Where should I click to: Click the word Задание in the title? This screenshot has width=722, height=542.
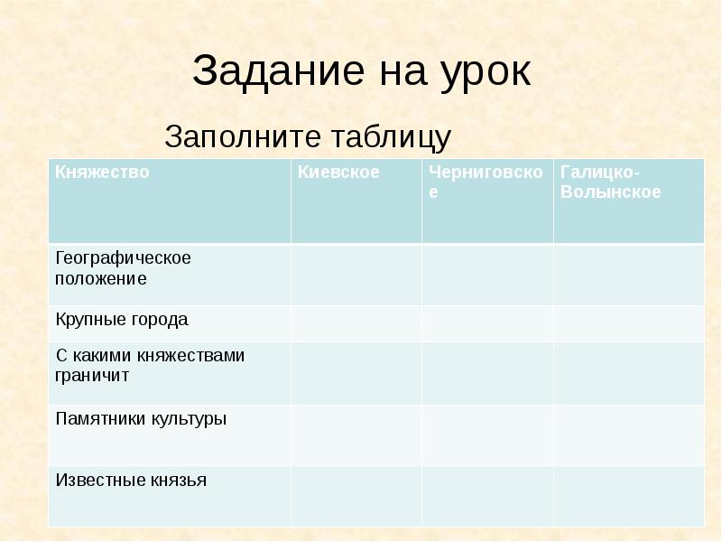click(x=270, y=72)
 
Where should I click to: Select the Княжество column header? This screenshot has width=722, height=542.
click(x=101, y=172)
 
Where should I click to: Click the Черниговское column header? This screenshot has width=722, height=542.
click(x=486, y=182)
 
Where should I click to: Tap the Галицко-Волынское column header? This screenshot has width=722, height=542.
click(x=610, y=182)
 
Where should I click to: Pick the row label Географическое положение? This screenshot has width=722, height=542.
click(x=123, y=268)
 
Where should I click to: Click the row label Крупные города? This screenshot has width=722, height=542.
click(x=122, y=320)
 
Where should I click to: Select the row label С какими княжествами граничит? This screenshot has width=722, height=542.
click(x=150, y=366)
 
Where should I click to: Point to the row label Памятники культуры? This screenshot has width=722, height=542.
click(x=141, y=419)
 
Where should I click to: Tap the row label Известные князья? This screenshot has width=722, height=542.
click(x=131, y=481)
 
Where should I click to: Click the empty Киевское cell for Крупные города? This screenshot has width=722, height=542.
click(x=356, y=323)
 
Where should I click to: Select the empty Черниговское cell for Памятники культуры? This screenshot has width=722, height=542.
click(x=487, y=435)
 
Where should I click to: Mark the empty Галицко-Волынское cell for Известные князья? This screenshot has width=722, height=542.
click(x=628, y=495)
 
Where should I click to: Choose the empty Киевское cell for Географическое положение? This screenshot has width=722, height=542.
click(x=356, y=275)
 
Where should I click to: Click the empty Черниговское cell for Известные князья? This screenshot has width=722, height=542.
click(x=487, y=495)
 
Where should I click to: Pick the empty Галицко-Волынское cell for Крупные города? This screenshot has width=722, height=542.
click(x=628, y=323)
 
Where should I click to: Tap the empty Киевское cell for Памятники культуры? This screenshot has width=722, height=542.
click(x=356, y=435)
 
